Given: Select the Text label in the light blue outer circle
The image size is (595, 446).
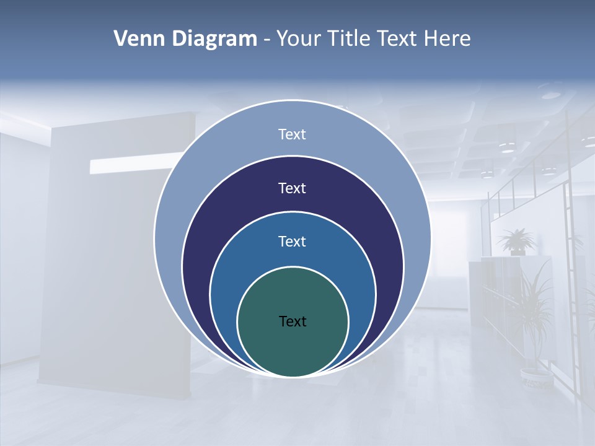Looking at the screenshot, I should pos(292,134).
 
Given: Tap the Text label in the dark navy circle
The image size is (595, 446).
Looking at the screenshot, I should pos(292,188).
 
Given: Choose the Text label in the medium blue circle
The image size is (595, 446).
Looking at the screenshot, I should pos(292,242).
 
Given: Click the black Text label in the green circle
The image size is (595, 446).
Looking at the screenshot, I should pos(293,321).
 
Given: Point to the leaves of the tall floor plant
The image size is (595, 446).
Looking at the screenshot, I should pos(533,304).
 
